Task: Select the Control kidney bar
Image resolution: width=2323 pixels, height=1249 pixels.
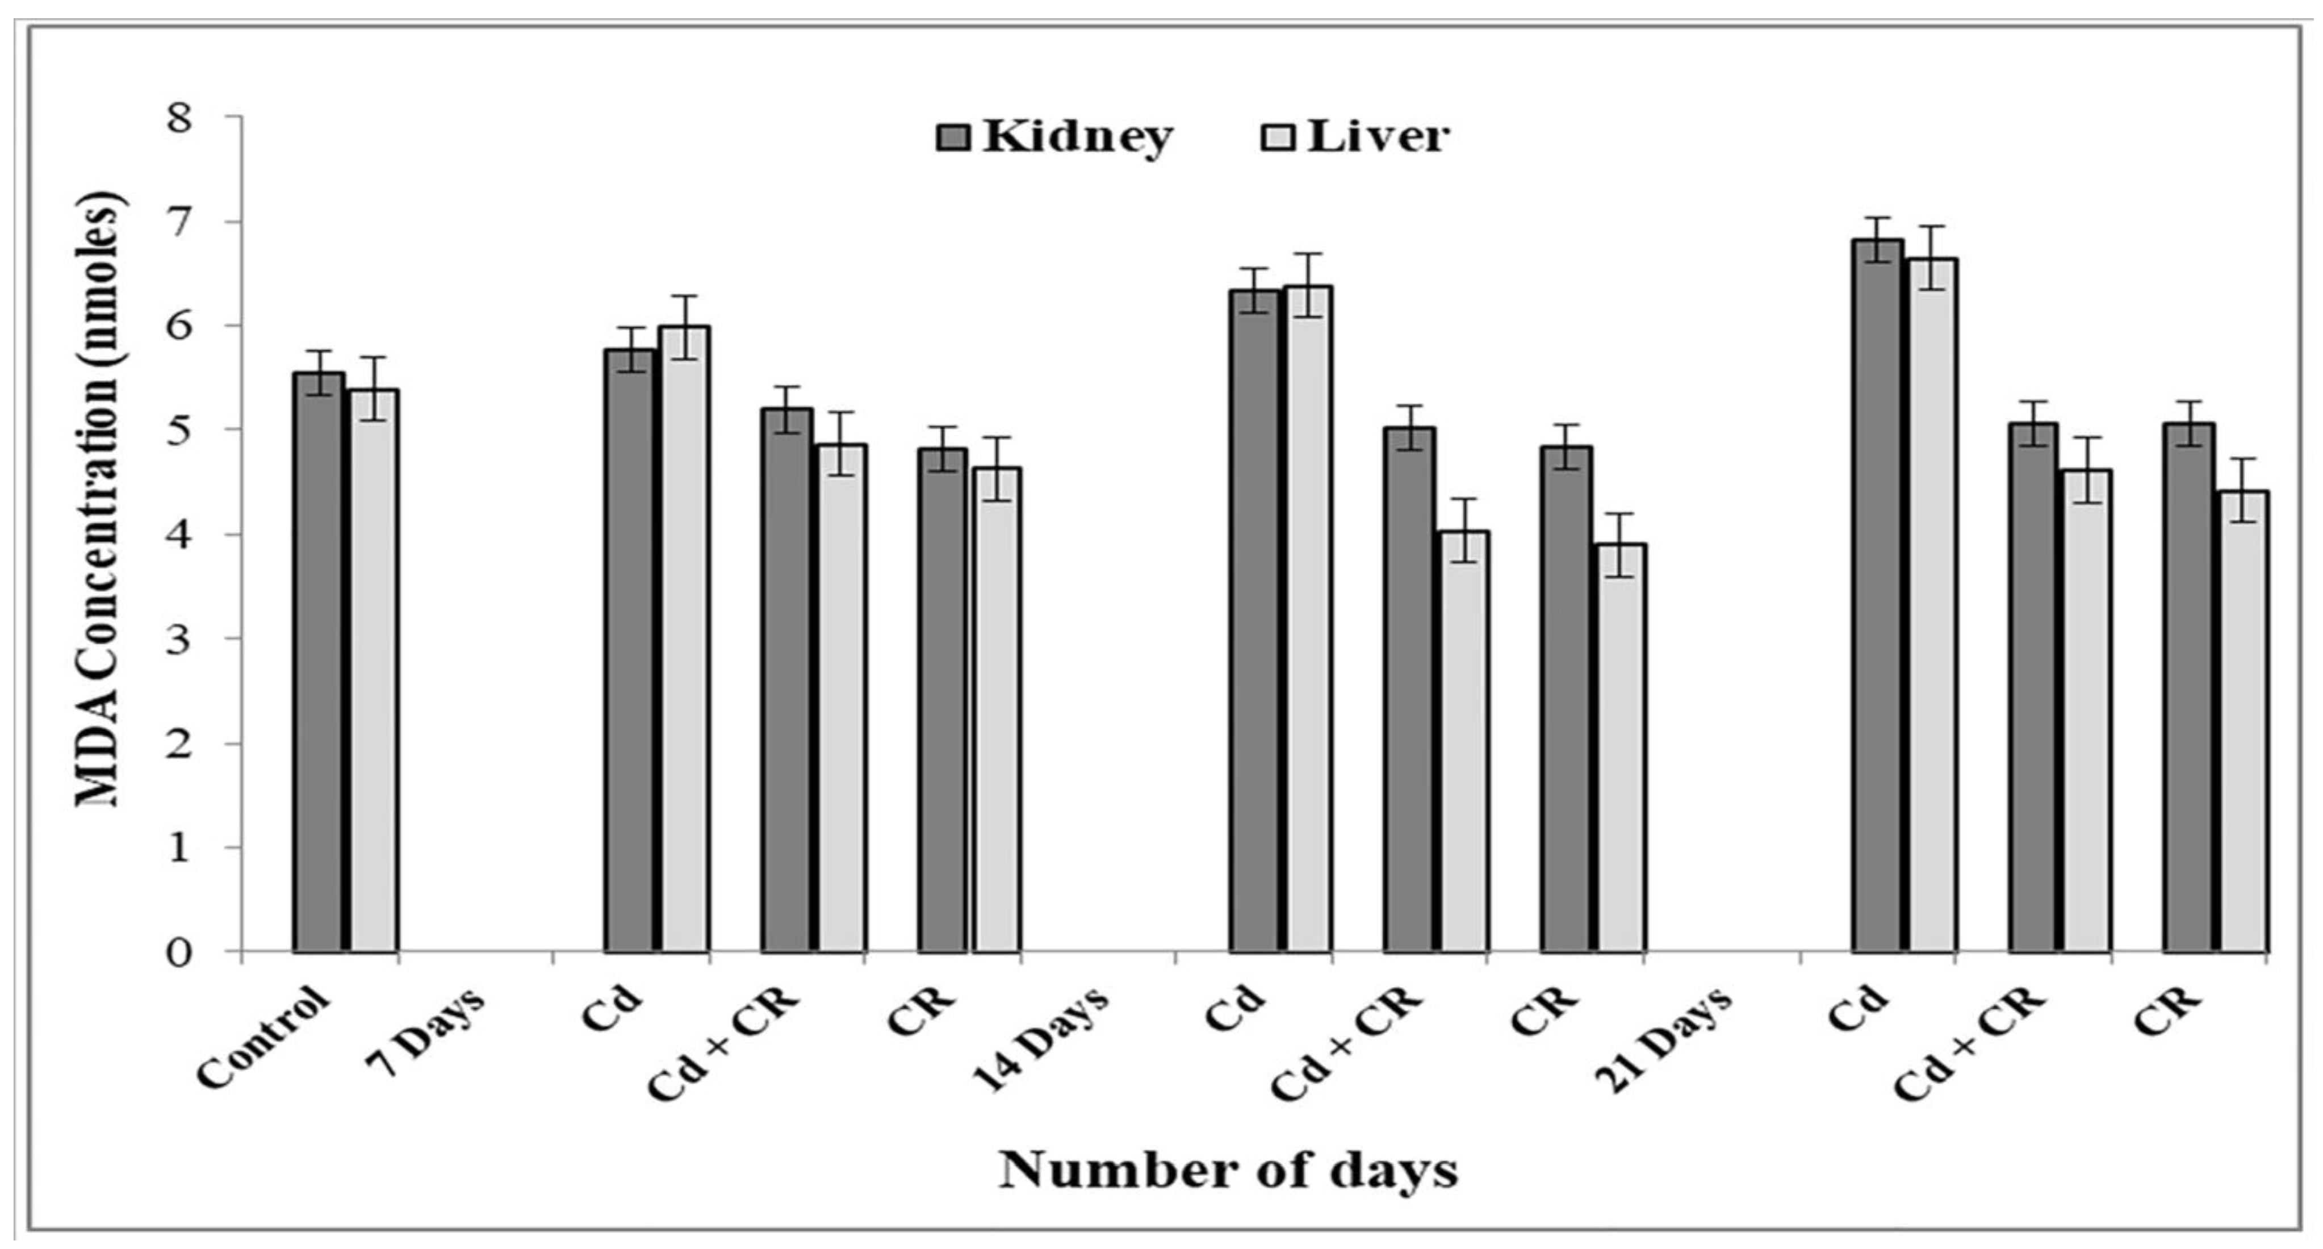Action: tap(319, 663)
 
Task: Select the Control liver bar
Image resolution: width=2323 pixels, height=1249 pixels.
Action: tap(374, 672)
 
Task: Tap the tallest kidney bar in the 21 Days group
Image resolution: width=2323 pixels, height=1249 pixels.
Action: tap(1878, 595)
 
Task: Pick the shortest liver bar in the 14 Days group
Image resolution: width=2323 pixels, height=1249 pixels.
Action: tap(1621, 749)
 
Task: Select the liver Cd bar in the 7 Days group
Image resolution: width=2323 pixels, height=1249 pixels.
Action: tap(684, 640)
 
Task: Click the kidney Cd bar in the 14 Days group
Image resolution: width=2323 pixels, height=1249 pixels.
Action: tap(1254, 623)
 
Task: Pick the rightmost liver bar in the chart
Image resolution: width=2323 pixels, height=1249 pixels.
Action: tap(2243, 721)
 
